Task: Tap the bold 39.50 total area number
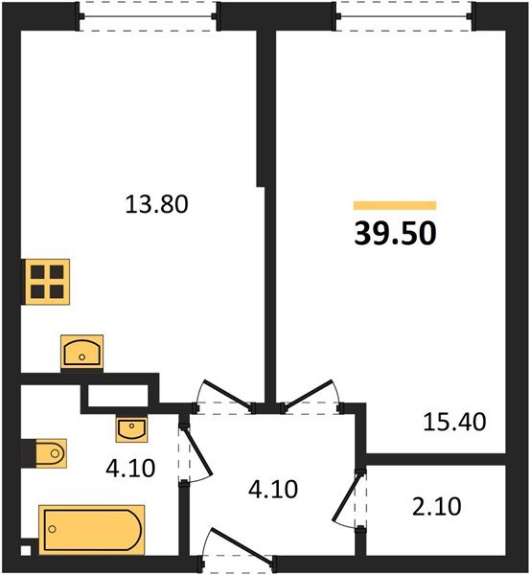[x=394, y=234]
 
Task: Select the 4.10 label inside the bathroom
[x=125, y=471]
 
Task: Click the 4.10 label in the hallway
[x=273, y=490]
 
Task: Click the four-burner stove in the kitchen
[x=47, y=281]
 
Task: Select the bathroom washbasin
[x=130, y=428]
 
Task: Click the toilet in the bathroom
[x=46, y=451]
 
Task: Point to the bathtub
[x=92, y=529]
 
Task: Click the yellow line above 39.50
[x=394, y=205]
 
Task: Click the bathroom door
[x=194, y=450]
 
